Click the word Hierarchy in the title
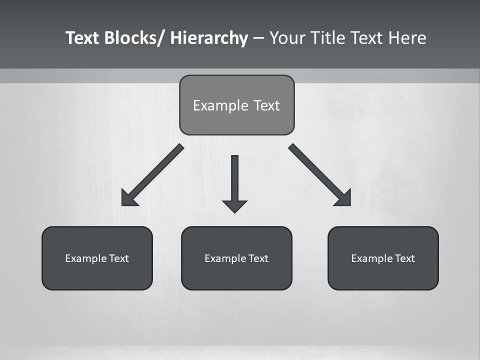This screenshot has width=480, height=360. pyautogui.click(x=209, y=38)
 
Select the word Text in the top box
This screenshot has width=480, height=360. pyautogui.click(x=266, y=105)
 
